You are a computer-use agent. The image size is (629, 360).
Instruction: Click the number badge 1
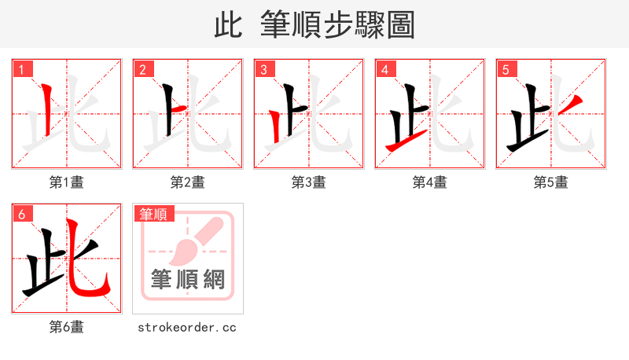tap(20, 69)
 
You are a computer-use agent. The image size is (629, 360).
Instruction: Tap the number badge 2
tap(142, 69)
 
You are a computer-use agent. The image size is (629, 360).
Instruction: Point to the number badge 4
tap(384, 69)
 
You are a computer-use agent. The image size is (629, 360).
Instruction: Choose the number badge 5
tap(505, 69)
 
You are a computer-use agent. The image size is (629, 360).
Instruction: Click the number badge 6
tap(20, 214)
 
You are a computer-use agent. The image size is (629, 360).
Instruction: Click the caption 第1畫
tap(66, 182)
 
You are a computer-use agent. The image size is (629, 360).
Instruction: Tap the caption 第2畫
tap(187, 182)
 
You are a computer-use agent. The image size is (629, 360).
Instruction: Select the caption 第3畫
tap(308, 182)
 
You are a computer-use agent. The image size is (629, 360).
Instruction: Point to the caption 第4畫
tap(429, 182)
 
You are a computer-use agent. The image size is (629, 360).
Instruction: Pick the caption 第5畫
tap(550, 182)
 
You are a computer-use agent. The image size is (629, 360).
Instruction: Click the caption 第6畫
tap(66, 327)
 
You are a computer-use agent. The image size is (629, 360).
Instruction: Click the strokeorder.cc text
tap(187, 327)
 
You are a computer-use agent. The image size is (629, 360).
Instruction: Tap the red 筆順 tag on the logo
tap(154, 214)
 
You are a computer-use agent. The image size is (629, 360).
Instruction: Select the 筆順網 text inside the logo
tap(187, 280)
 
